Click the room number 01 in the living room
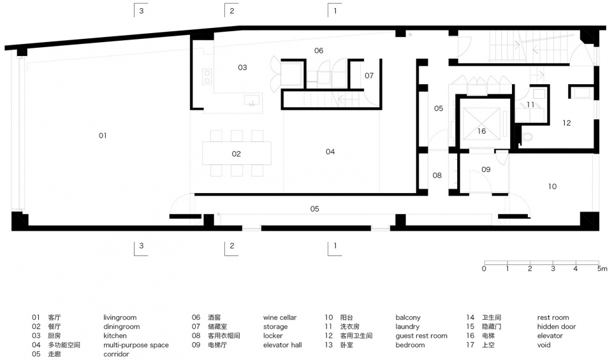click(103, 135)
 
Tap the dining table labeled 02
click(237, 154)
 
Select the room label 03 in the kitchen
click(242, 68)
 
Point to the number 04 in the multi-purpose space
click(330, 152)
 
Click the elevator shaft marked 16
click(481, 124)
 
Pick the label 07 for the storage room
click(369, 76)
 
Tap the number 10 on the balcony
click(552, 187)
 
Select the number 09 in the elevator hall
click(486, 169)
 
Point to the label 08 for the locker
click(437, 175)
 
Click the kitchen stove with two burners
click(207, 76)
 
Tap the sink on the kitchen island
click(252, 100)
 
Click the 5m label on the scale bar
click(602, 269)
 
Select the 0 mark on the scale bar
click(484, 269)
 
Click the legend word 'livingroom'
click(120, 317)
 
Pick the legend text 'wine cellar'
click(280, 317)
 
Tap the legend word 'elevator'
click(550, 336)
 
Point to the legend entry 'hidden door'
click(556, 326)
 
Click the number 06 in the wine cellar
click(319, 51)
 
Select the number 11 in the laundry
click(530, 104)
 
